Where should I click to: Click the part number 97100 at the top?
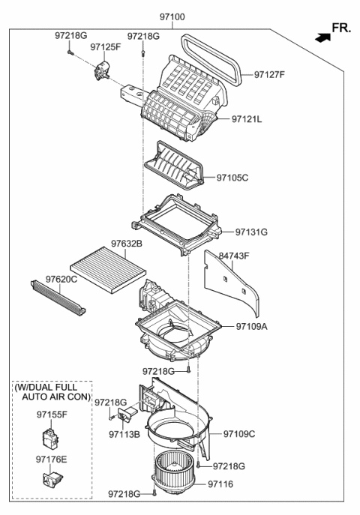click(x=172, y=16)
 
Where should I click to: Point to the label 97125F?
click(x=105, y=46)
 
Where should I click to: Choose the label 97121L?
click(x=248, y=119)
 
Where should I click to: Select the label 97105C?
click(x=232, y=178)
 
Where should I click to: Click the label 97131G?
click(x=251, y=232)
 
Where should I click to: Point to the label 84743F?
click(x=234, y=256)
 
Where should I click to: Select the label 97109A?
click(x=252, y=327)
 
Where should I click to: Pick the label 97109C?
click(x=239, y=433)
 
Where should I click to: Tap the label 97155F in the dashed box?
click(x=52, y=413)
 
